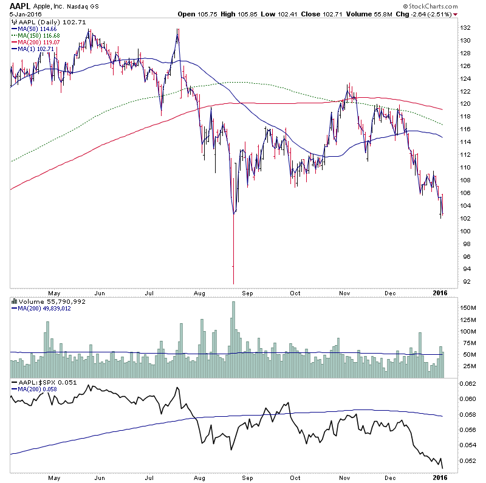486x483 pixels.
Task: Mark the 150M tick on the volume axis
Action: point(467,309)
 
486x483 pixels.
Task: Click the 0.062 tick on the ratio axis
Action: point(467,384)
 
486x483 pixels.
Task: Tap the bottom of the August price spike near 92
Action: point(233,283)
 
